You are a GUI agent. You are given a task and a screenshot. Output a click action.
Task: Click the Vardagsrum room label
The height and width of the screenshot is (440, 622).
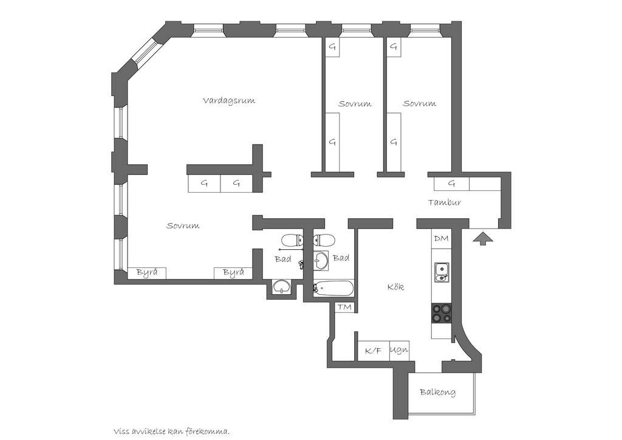[229, 101]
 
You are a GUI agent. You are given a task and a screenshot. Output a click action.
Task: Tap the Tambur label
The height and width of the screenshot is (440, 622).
[444, 202]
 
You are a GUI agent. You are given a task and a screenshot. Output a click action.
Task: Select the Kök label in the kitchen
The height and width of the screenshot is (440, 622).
[395, 286]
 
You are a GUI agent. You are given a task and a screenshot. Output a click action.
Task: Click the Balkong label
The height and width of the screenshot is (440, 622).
[437, 393]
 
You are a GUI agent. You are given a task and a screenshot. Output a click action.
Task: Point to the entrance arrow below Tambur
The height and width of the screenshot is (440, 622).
[483, 239]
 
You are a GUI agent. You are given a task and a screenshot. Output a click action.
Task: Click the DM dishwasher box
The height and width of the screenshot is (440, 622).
[441, 239]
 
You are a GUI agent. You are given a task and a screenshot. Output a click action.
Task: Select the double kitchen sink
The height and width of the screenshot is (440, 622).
[442, 272]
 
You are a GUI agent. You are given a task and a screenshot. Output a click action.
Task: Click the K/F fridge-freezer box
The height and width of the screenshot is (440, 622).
[374, 351]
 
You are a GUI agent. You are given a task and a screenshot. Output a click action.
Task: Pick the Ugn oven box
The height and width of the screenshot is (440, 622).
[399, 351]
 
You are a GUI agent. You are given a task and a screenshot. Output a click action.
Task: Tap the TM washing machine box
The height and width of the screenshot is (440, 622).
[345, 308]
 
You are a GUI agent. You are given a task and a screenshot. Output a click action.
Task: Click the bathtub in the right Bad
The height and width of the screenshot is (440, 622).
[333, 289]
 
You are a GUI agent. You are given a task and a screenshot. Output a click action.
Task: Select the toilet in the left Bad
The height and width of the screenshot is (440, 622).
[292, 240]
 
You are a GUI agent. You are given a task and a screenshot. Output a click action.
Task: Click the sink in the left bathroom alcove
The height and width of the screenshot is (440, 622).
[281, 286]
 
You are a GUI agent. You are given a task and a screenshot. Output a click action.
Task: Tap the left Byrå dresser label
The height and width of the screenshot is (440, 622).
[147, 273]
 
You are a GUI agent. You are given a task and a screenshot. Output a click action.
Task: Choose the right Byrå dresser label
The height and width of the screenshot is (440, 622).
[233, 273]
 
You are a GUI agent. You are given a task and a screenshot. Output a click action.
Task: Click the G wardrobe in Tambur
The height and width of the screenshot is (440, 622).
[451, 184]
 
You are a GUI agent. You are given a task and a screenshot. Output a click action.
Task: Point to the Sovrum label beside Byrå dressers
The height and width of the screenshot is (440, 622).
[182, 225]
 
